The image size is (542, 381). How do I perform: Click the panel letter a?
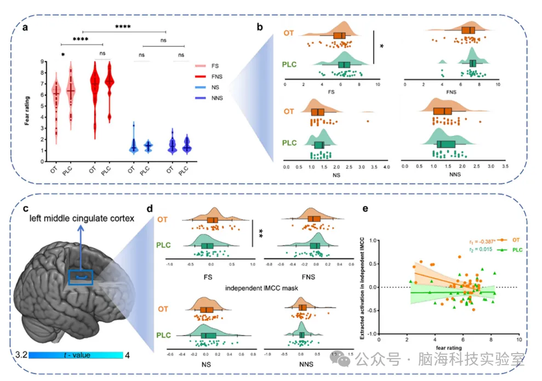pyautogui.click(x=25, y=29)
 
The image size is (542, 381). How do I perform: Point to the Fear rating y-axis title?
pyautogui.click(x=27, y=109)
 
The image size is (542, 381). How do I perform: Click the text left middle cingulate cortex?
pyautogui.click(x=82, y=219)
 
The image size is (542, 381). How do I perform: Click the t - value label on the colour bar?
pyautogui.click(x=76, y=355)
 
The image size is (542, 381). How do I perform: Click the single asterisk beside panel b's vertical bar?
pyautogui.click(x=381, y=47)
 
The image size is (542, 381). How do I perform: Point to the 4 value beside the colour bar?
pyautogui.click(x=128, y=355)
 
